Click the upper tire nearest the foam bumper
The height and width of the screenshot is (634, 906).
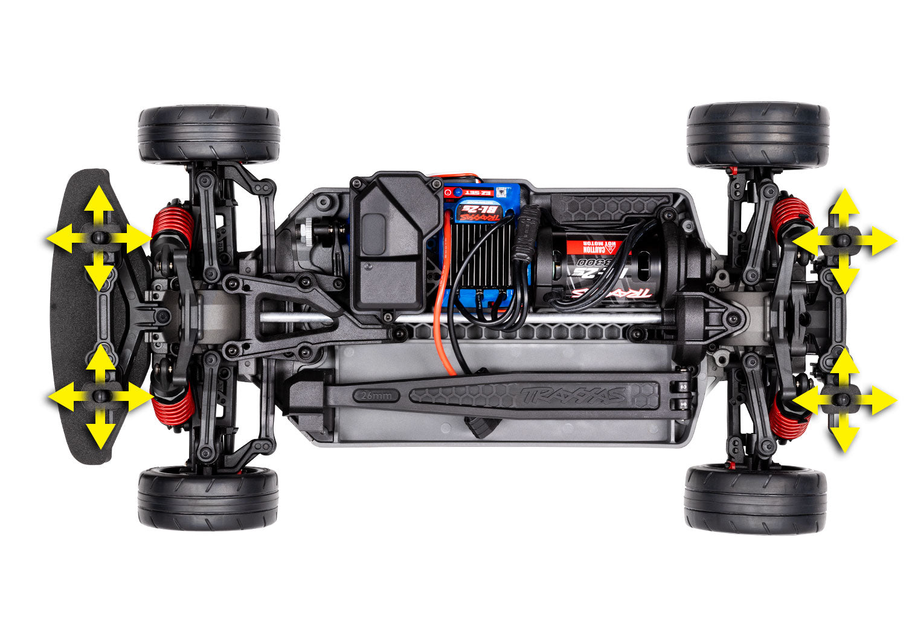(209, 134)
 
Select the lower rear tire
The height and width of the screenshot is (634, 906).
(756, 498)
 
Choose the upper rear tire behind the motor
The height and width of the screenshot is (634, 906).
(758, 134)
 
